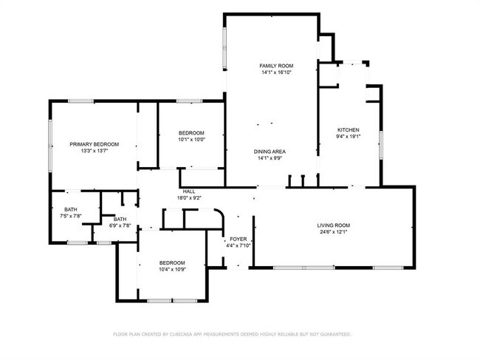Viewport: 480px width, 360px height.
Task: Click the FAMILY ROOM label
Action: click(276, 66)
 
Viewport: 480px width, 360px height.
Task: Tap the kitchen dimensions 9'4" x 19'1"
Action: click(348, 136)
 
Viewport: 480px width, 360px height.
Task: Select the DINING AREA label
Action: click(270, 152)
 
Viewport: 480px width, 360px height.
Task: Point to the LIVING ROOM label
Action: click(333, 225)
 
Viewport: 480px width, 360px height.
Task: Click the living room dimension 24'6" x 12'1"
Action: click(333, 232)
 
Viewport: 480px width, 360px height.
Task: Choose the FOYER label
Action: click(239, 239)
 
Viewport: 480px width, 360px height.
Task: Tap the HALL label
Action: click(189, 191)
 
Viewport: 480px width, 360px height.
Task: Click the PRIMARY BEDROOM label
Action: click(95, 144)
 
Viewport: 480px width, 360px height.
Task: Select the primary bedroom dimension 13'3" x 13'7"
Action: click(95, 151)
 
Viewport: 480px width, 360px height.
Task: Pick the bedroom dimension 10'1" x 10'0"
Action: click(191, 140)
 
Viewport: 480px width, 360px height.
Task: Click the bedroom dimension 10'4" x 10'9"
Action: click(172, 269)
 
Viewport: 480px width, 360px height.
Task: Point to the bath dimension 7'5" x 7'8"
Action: click(71, 216)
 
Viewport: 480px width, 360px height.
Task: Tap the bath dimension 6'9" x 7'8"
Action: click(120, 225)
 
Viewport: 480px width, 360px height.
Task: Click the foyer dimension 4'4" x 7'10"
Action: click(239, 245)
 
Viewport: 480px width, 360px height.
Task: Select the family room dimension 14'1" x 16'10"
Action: click(276, 72)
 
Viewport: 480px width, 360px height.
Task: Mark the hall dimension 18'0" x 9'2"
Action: click(189, 198)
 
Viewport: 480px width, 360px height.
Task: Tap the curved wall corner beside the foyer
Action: click(220, 213)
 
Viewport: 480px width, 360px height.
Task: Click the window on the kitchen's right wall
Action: click(381, 145)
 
